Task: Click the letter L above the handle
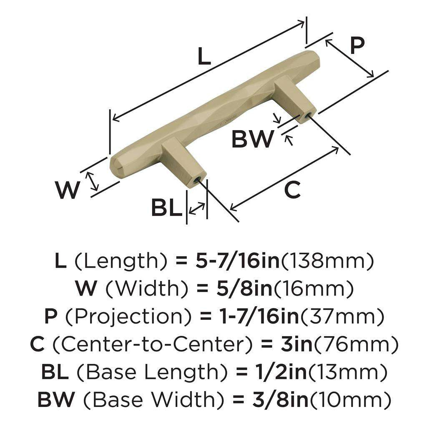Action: click(x=203, y=57)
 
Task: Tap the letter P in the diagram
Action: click(x=357, y=46)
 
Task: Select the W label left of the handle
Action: click(x=68, y=190)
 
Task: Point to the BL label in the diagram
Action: click(x=166, y=208)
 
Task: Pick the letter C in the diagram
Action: click(x=292, y=190)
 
